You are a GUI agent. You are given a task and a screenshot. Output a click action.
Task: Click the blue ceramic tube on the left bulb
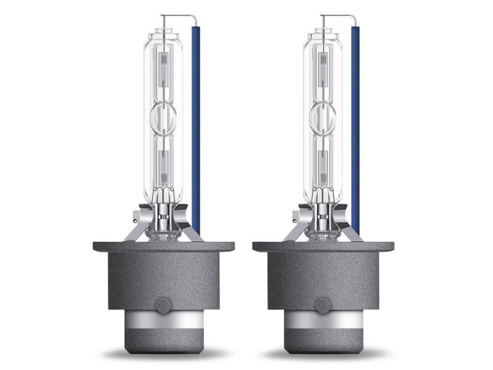point(195,123)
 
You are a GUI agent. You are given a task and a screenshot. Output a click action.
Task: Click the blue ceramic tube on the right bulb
point(355,123)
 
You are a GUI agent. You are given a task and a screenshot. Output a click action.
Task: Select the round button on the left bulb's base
point(164,305)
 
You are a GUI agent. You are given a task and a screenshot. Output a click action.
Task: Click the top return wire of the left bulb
point(179,15)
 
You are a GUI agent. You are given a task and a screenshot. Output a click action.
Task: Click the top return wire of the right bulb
point(338,15)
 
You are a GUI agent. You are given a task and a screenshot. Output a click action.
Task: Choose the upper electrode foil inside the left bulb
point(164,62)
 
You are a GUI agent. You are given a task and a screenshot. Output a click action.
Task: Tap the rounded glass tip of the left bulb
point(164,31)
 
